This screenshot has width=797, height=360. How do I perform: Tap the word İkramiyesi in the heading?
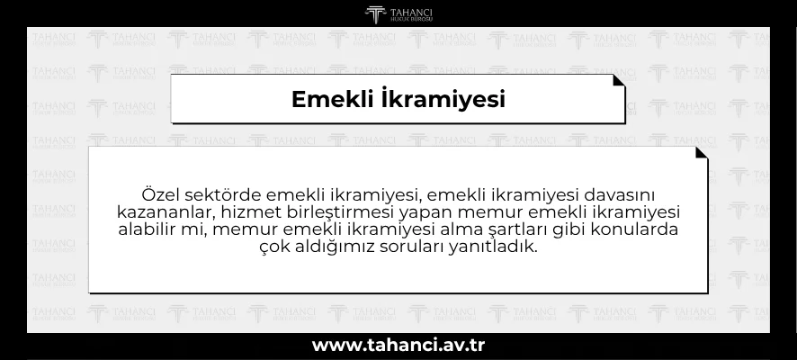[443, 99]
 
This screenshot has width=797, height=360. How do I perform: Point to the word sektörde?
[222, 195]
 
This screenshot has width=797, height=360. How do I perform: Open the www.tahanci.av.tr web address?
[398, 346]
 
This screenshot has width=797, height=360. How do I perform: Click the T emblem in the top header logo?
[375, 14]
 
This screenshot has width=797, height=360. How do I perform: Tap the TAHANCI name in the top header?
[412, 13]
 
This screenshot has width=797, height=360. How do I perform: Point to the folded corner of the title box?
[618, 81]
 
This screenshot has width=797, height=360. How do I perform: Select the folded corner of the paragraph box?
[701, 153]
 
